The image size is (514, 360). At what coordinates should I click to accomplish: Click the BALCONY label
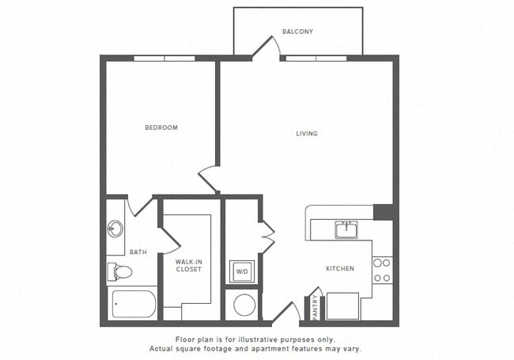[x=298, y=32]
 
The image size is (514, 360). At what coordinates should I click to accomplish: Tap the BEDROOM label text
[x=161, y=127]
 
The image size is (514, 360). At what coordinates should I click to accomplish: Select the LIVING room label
[x=306, y=134]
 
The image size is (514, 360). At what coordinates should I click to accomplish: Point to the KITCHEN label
[x=340, y=269]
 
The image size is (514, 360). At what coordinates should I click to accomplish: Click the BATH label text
[x=138, y=252]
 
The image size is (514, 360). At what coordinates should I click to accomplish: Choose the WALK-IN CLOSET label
[x=188, y=265]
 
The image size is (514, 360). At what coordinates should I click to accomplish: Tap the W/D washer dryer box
[x=241, y=271]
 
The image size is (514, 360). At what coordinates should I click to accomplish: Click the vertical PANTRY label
[x=315, y=307]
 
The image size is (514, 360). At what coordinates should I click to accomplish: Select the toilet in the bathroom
[x=119, y=272]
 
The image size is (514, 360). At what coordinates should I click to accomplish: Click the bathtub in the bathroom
[x=134, y=304]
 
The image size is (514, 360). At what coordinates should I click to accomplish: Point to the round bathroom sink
[x=115, y=229]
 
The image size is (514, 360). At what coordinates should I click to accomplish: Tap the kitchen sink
[x=345, y=229]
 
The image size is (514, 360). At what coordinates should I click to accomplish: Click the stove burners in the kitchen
[x=382, y=270]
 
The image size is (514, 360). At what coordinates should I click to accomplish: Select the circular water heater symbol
[x=244, y=305]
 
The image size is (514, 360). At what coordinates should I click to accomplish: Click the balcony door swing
[x=266, y=47]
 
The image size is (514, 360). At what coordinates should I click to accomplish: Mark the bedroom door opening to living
[x=209, y=180]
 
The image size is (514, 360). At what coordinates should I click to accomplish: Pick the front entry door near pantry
[x=285, y=312]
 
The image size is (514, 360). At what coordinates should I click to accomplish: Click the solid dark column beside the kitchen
[x=384, y=211]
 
